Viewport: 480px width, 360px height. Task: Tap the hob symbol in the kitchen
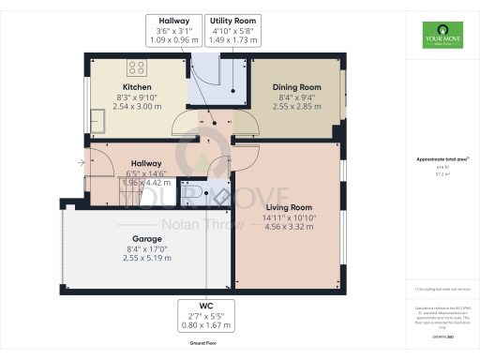(136, 67)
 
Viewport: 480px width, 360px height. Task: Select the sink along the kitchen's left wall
(97, 119)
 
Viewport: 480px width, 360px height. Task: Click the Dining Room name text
(297, 87)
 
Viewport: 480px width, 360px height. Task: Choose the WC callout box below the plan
(206, 316)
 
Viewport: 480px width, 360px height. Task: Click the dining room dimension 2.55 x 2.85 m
(297, 107)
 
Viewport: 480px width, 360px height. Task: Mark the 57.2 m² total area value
(440, 173)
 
